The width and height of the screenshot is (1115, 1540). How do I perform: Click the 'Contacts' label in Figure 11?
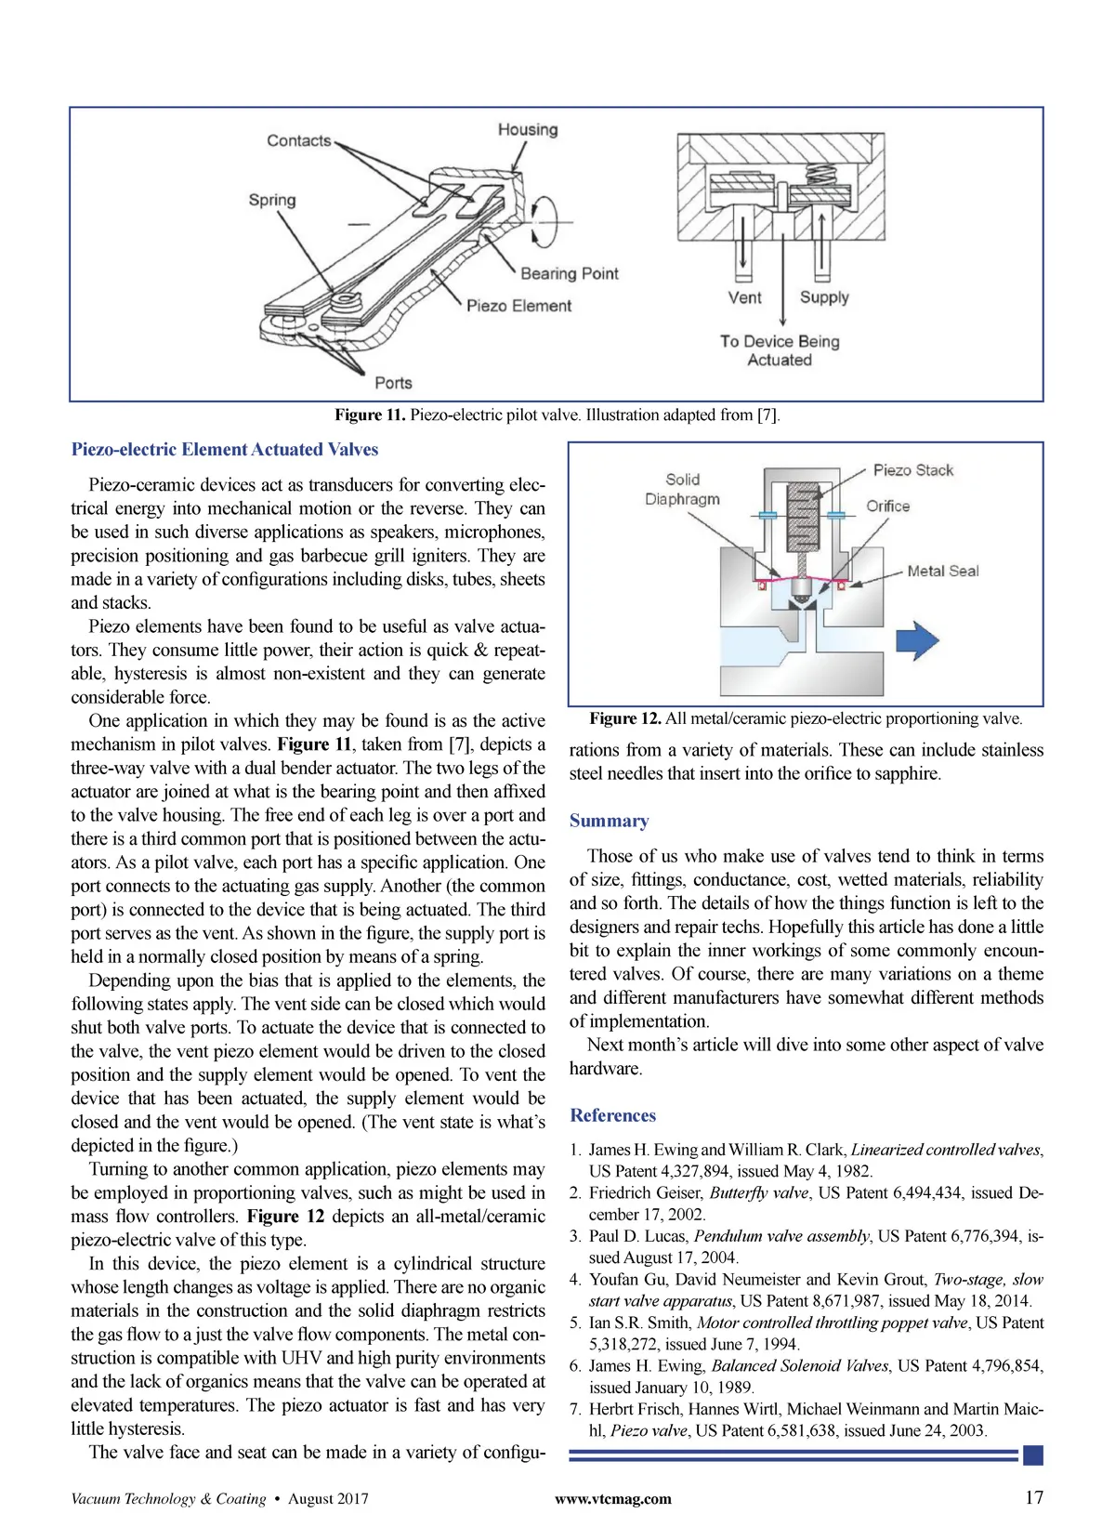point(298,140)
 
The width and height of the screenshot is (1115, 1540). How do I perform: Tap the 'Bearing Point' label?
point(569,273)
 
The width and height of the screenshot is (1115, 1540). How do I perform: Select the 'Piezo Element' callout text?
point(518,306)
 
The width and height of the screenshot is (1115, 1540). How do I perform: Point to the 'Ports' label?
point(393,383)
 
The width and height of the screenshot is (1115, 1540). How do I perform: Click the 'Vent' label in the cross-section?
point(744,297)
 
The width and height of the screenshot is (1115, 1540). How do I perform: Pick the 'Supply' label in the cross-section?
point(824,297)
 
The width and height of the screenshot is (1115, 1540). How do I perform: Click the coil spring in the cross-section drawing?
point(820,174)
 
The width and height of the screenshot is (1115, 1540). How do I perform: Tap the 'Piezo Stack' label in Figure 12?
point(912,470)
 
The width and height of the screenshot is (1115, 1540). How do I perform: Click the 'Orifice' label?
point(887,507)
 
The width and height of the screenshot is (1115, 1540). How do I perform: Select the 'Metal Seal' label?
point(942,571)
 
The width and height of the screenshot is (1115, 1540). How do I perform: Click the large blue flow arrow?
point(916,641)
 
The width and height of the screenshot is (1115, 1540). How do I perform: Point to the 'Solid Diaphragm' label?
point(682,489)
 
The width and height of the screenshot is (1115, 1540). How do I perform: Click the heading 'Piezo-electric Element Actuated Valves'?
point(225,450)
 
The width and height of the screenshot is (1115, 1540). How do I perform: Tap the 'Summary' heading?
point(609,821)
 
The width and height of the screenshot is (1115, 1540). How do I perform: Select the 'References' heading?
point(612,1115)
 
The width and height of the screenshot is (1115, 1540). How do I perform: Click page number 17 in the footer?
point(1033,1497)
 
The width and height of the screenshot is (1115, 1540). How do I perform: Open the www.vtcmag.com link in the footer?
point(612,1498)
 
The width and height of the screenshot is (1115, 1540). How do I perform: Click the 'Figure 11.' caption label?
point(370,415)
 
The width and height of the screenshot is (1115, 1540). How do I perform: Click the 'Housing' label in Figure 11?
point(528,130)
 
